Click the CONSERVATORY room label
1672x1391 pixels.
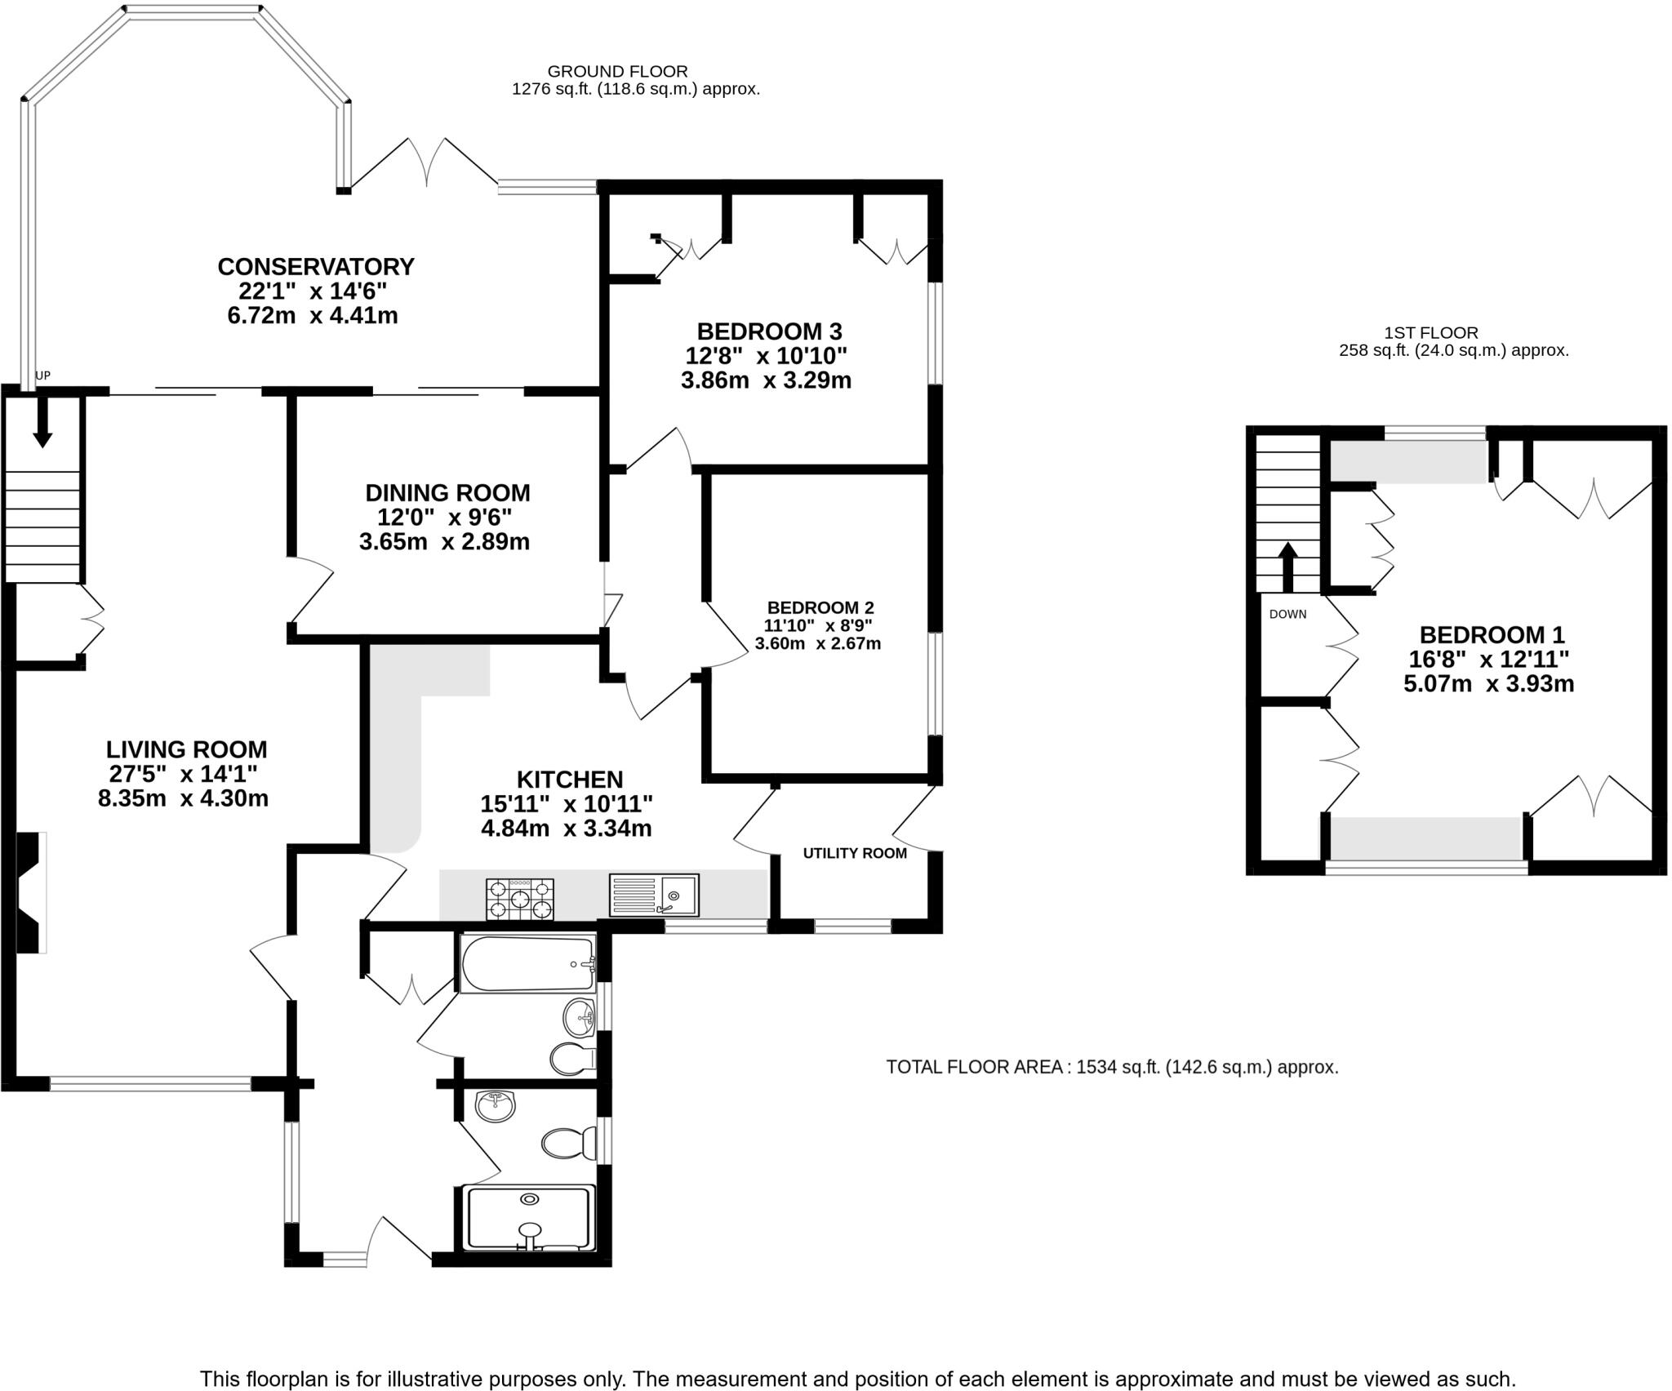click(x=316, y=267)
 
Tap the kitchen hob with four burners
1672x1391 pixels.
click(x=519, y=899)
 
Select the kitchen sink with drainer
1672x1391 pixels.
click(x=653, y=895)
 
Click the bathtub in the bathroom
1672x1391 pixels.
click(x=527, y=964)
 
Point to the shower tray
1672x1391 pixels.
click(x=529, y=1218)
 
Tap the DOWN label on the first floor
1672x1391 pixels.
click(x=1287, y=614)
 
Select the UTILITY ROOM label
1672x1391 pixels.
click(x=855, y=853)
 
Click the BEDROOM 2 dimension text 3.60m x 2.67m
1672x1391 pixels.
click(x=818, y=643)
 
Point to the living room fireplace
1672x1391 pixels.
click(x=31, y=892)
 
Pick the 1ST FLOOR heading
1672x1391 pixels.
click(x=1431, y=332)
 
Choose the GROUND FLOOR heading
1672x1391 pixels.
click(x=617, y=71)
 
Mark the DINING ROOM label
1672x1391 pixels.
click(x=447, y=493)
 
